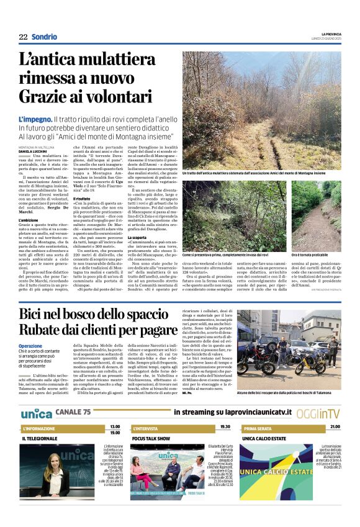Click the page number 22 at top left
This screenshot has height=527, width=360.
23,37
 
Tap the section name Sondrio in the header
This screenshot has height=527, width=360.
43,37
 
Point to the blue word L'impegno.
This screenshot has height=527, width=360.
34,119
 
